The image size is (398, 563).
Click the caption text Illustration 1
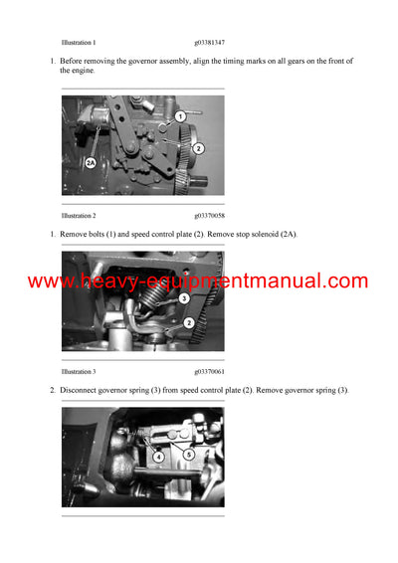click(79, 43)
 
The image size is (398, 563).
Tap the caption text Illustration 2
click(79, 215)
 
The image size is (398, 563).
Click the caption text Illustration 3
click(79, 371)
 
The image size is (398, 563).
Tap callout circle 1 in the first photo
click(180, 117)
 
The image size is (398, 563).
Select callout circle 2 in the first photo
click(198, 148)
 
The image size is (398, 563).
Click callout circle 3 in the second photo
click(184, 298)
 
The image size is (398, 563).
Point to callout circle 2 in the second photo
click(189, 323)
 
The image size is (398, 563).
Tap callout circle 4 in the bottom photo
click(158, 458)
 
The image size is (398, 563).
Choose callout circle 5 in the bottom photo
click(189, 454)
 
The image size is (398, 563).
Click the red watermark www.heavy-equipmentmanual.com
click(198, 281)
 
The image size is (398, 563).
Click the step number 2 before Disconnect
click(53, 390)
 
